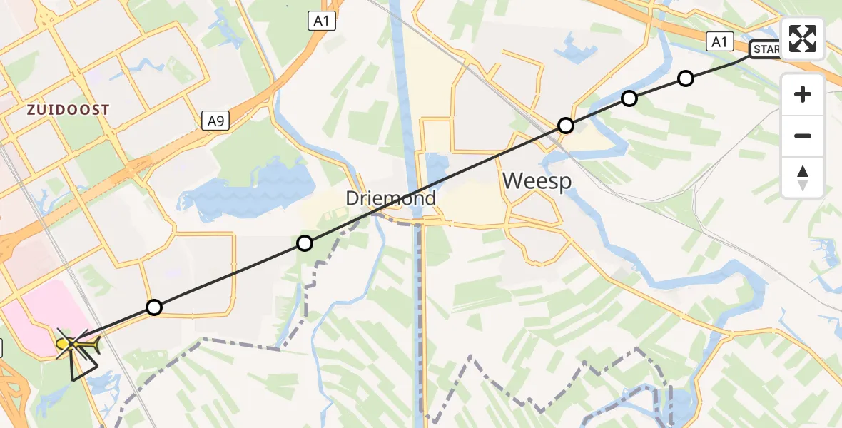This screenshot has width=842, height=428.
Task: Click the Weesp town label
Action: click(x=537, y=181)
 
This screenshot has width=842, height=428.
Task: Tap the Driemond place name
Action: click(x=390, y=198)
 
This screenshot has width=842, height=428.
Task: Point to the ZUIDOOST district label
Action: click(x=69, y=110)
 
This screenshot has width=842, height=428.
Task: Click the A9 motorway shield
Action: click(x=215, y=121)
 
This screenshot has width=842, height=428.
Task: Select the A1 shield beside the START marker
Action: click(x=719, y=42)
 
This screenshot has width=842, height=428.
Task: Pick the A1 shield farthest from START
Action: click(x=322, y=21)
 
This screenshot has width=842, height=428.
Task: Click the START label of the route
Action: click(x=766, y=49)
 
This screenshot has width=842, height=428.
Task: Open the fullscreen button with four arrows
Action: click(x=803, y=39)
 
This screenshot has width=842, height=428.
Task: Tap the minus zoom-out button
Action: click(x=803, y=136)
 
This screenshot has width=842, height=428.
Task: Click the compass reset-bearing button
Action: click(x=803, y=177)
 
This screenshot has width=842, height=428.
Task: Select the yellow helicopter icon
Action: click(x=74, y=346)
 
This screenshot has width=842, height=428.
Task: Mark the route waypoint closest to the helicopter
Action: click(x=153, y=307)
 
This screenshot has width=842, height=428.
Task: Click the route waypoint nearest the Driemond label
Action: click(x=305, y=243)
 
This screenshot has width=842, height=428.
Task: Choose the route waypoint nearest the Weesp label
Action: click(x=565, y=126)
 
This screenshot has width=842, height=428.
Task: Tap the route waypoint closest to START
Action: click(x=685, y=78)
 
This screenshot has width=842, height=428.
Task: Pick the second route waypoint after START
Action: click(x=629, y=98)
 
